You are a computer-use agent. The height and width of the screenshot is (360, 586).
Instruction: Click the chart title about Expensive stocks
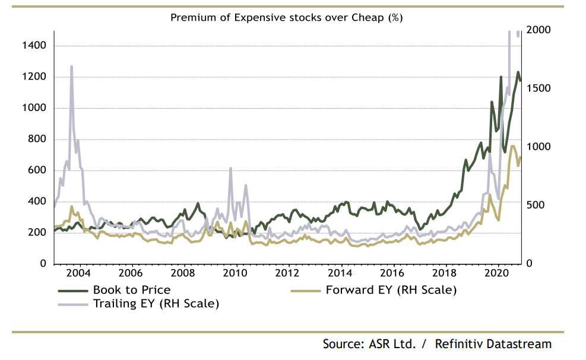point(287,17)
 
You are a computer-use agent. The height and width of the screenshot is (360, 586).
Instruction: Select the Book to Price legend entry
point(131,290)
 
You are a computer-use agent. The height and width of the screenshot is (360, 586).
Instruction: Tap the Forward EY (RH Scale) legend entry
point(391,290)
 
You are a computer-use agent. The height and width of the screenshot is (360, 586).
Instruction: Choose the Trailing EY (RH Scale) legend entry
point(156,304)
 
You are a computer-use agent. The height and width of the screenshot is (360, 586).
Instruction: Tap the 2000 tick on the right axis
point(540,30)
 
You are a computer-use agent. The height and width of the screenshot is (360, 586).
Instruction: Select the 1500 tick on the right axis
point(540,89)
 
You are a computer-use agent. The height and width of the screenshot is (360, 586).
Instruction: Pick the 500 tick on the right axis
point(537,205)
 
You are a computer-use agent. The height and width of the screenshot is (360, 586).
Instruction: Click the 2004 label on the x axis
point(79,273)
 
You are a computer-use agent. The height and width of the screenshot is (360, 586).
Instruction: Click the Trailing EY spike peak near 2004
point(71,67)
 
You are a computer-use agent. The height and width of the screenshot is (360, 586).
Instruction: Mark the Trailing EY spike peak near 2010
point(230,169)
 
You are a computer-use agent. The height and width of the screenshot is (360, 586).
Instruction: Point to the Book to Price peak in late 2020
point(518,72)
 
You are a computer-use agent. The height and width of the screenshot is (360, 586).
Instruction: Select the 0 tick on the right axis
point(530,263)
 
